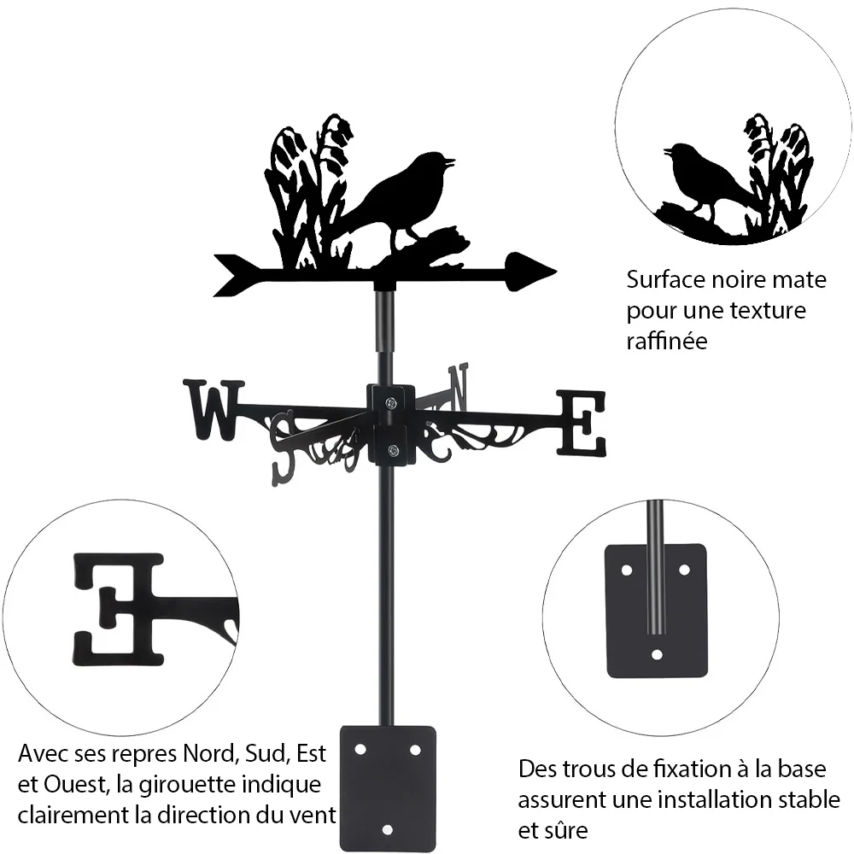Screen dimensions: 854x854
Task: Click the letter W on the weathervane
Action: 213,410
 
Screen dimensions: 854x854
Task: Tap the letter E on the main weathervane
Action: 581,423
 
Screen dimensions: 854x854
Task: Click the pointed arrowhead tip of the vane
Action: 556,271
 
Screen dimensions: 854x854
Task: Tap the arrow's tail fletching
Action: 237,275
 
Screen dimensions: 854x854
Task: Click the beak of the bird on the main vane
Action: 450,161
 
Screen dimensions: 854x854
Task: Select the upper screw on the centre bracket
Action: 392,403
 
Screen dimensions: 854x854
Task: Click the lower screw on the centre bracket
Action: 393,450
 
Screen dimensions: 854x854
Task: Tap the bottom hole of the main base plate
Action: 387,830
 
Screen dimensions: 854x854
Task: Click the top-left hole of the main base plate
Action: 360,750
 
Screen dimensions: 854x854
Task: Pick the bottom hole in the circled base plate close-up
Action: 657,654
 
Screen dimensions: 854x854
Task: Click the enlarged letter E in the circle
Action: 118,610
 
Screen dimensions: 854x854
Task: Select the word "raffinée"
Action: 667,341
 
